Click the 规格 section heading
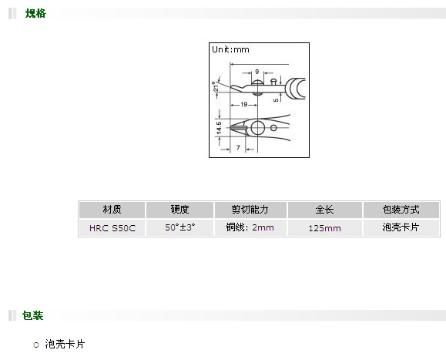coord(35,13)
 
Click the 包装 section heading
coord(32,315)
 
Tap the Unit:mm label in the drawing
coord(230,49)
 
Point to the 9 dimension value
coord(257,72)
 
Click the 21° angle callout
coord(216,86)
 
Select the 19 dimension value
coord(244,104)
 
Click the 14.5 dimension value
coord(219,128)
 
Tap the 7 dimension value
coord(238,147)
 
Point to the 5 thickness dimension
coord(276,100)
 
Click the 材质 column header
coord(112,210)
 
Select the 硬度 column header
coord(179,210)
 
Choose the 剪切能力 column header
coord(250,210)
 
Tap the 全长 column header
coord(324,210)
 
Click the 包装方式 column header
coord(401,210)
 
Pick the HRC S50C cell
coord(112,228)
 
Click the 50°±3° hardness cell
coord(180,227)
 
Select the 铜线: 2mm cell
coord(250,227)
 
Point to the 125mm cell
coord(324,228)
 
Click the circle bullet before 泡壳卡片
coord(36,345)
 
